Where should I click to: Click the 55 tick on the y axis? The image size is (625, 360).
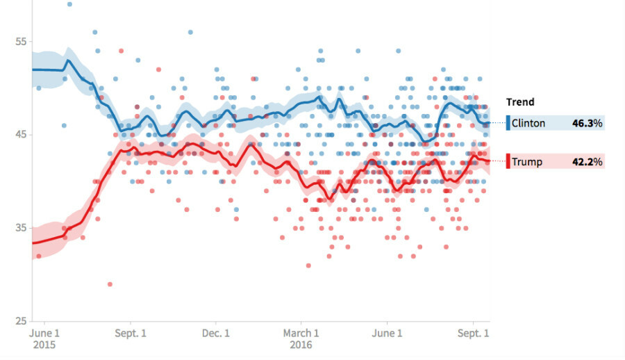pos(20,41)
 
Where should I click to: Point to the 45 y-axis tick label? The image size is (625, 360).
pos(20,134)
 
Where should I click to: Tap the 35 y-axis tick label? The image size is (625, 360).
pos(20,228)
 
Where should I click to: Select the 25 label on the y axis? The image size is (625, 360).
pos(20,321)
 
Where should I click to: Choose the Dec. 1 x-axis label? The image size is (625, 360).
pos(217,334)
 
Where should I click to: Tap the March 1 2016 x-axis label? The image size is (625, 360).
pos(301,338)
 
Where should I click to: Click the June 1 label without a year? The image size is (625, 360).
pos(387,334)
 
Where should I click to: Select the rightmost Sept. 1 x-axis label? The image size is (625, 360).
pos(474,334)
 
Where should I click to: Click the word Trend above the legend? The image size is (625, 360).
pos(521,102)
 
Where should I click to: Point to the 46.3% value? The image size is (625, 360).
pos(587,124)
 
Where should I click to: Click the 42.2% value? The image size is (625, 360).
pos(587,162)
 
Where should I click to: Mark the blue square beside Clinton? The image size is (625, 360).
pos(508,124)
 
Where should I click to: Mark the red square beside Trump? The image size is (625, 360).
pos(508,161)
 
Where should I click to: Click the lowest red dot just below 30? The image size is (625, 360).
pos(110,284)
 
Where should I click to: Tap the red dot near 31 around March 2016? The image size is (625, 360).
pos(308,265)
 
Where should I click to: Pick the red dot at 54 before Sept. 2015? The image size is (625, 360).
pos(121,51)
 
